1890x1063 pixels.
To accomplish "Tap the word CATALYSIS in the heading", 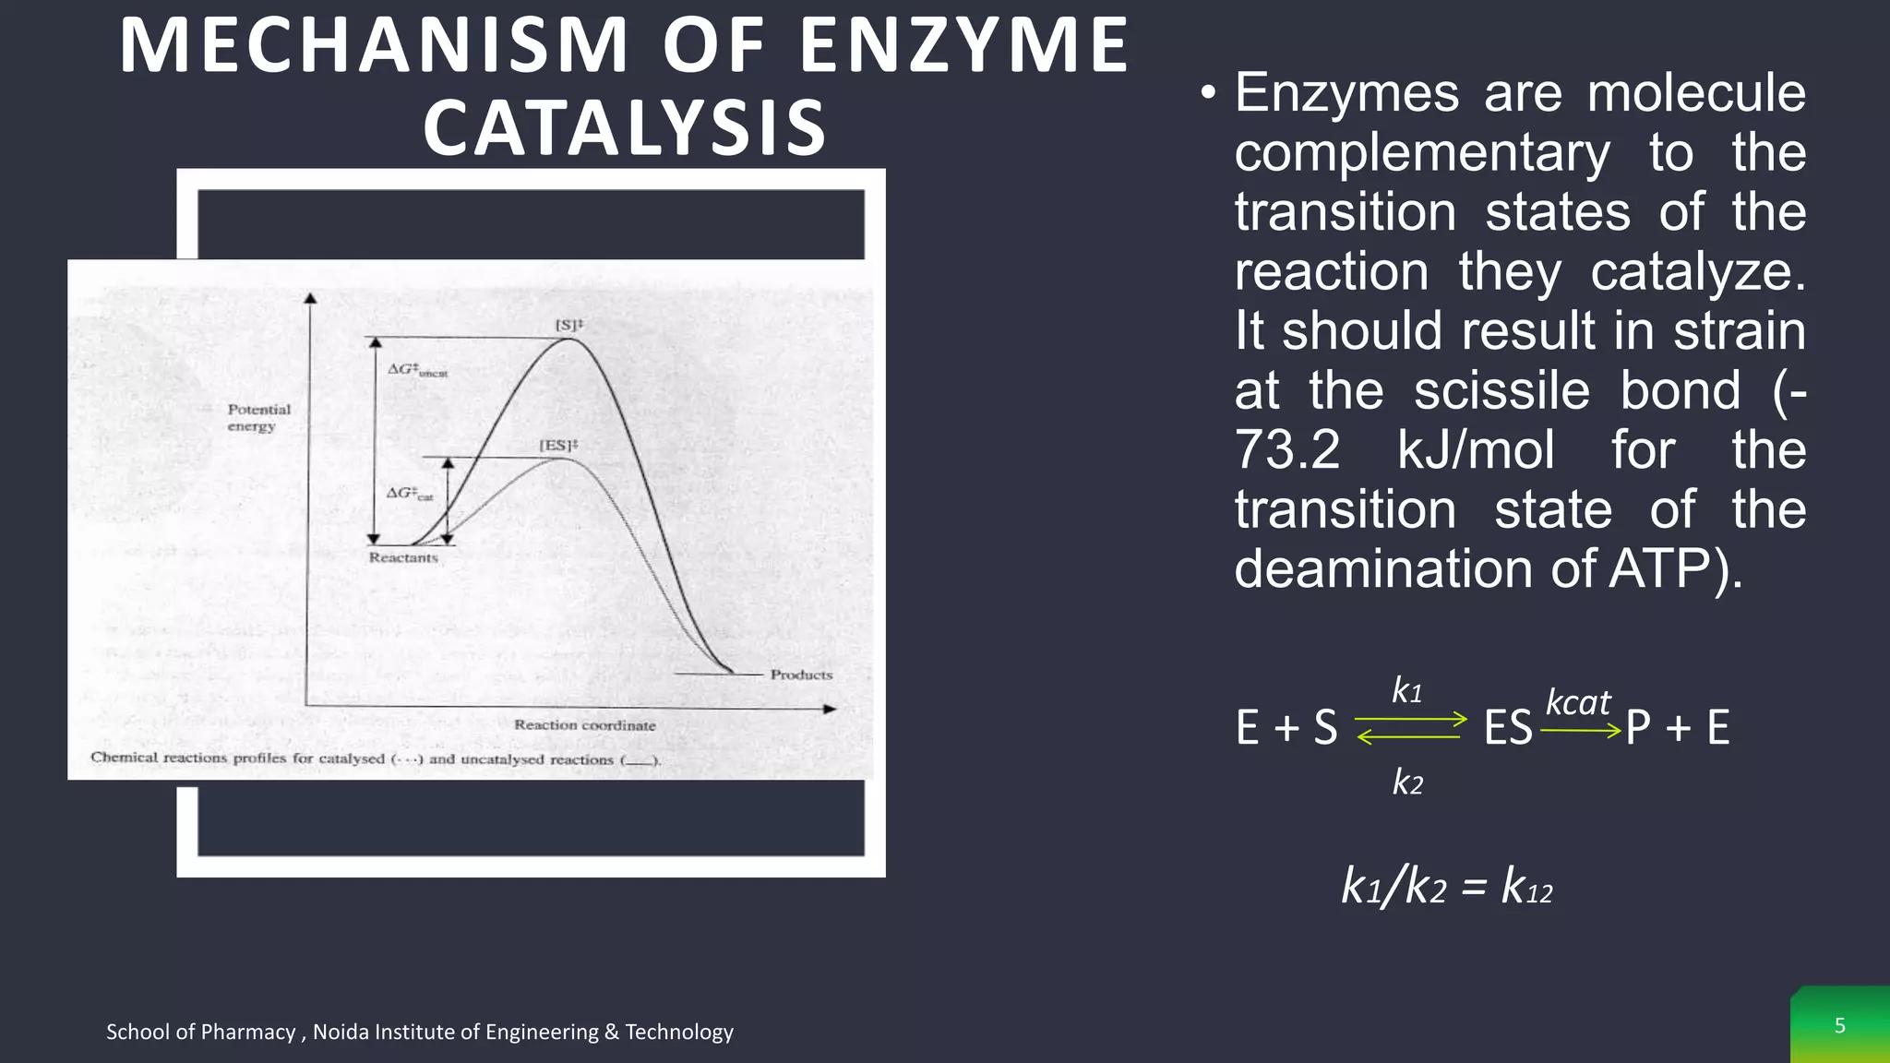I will pyautogui.click(x=625, y=127).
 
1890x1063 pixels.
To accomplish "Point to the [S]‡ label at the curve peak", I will pyautogui.click(x=568, y=325).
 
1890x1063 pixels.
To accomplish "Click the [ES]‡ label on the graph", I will pyautogui.click(x=558, y=446).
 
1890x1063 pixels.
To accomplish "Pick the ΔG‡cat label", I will pyautogui.click(x=410, y=494).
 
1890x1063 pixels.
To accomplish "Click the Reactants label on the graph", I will pyautogui.click(x=403, y=557).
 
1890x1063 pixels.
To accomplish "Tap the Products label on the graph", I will pyautogui.click(x=801, y=675).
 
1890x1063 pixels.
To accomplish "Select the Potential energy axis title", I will pyautogui.click(x=258, y=417).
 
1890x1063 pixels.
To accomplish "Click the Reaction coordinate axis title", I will pyautogui.click(x=585, y=725).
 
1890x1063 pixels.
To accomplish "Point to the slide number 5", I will pyautogui.click(x=1839, y=1026).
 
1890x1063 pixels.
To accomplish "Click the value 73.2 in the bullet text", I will pyautogui.click(x=1287, y=450).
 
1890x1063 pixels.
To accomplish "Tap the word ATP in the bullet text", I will pyautogui.click(x=1660, y=569).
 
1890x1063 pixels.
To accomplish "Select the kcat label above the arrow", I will pyautogui.click(x=1578, y=703).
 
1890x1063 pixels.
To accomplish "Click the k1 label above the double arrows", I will pyautogui.click(x=1407, y=691).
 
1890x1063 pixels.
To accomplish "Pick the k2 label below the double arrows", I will pyautogui.click(x=1407, y=782).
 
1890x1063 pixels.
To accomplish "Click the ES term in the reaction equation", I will pyautogui.click(x=1508, y=728).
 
